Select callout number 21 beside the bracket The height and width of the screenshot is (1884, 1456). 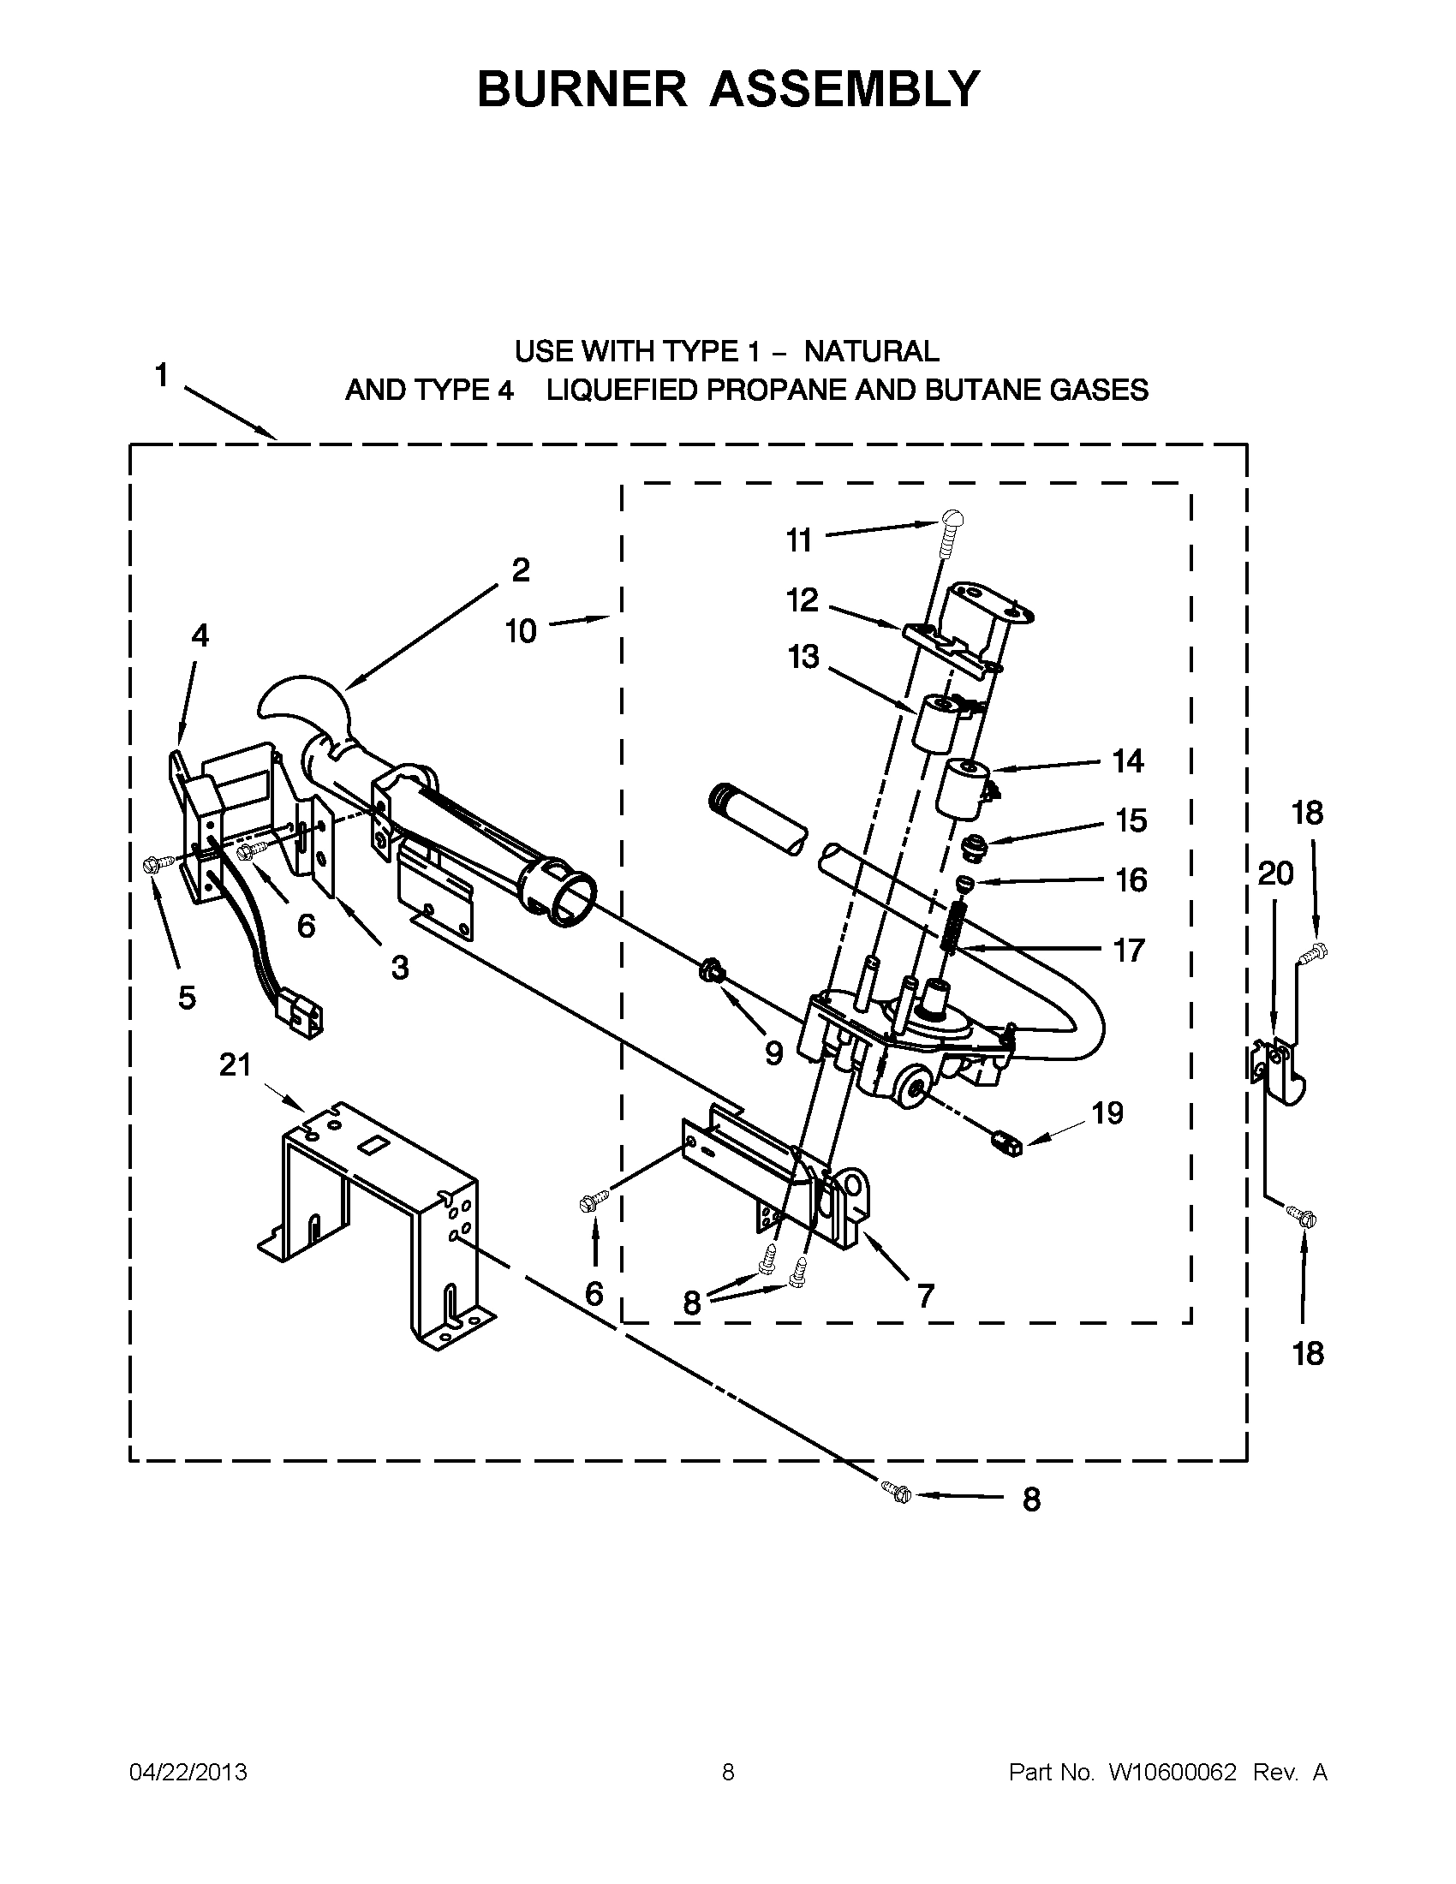(235, 1065)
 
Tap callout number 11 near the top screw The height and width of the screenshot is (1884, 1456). (799, 540)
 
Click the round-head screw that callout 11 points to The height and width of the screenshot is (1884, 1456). (952, 519)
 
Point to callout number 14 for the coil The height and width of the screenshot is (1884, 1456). (1127, 760)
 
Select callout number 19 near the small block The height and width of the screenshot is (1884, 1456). (1107, 1112)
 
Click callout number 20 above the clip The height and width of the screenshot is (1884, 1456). (1275, 873)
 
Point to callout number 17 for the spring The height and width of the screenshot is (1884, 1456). (1129, 950)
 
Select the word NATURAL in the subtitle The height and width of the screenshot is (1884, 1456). (871, 351)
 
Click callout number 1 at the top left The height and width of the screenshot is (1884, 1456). (161, 376)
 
